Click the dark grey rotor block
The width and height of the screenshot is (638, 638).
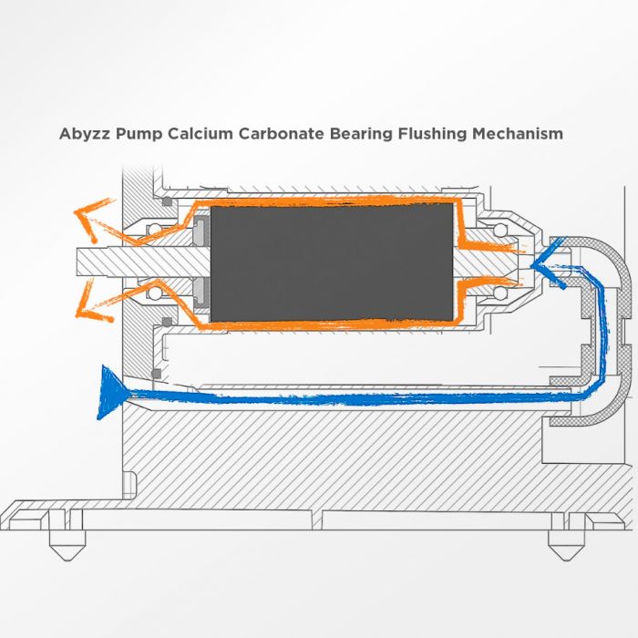(332, 262)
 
